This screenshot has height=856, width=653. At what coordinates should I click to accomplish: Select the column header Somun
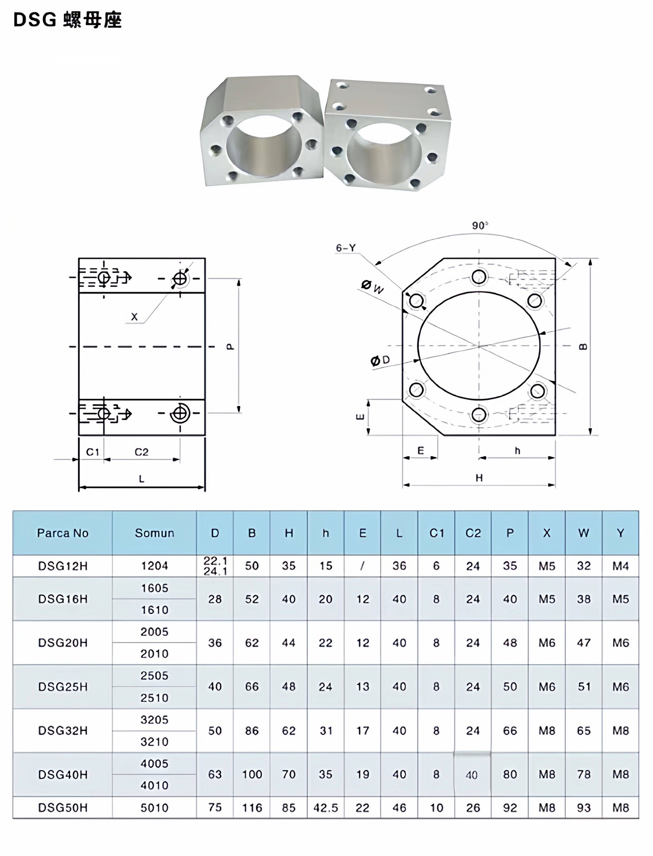tap(154, 533)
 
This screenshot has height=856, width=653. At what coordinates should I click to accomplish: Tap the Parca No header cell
tap(63, 533)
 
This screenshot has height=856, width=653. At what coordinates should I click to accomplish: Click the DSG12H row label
tap(63, 566)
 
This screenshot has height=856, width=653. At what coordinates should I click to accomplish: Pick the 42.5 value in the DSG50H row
tap(326, 808)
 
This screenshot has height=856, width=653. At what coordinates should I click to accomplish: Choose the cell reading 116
tap(252, 808)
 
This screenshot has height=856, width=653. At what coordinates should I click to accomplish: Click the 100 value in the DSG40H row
tap(252, 774)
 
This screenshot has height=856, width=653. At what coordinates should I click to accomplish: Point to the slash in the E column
tap(362, 566)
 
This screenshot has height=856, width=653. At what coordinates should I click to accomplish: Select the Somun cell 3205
tap(154, 720)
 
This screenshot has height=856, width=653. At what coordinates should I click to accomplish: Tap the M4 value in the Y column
tap(620, 566)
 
